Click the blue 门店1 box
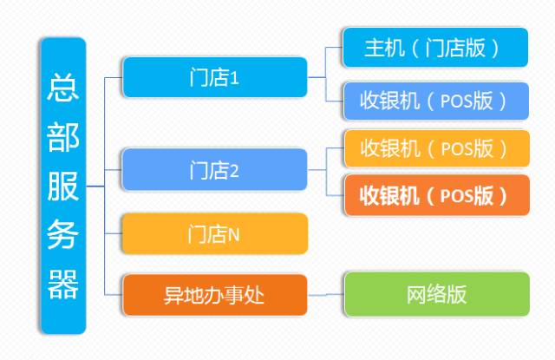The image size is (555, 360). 215,77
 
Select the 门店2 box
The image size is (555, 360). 215,170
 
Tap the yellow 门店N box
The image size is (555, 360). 215,233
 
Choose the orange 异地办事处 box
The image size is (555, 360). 215,296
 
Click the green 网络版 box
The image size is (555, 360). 435,294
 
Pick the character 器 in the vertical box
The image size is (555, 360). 63,284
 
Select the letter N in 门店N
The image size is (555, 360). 233,234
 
